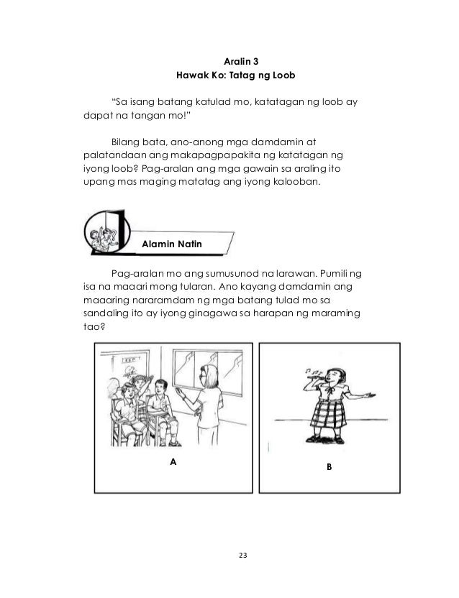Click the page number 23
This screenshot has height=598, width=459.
pyautogui.click(x=229, y=554)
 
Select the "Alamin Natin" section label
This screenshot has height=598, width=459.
pyautogui.click(x=172, y=245)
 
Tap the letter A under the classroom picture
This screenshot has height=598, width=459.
pyautogui.click(x=172, y=461)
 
